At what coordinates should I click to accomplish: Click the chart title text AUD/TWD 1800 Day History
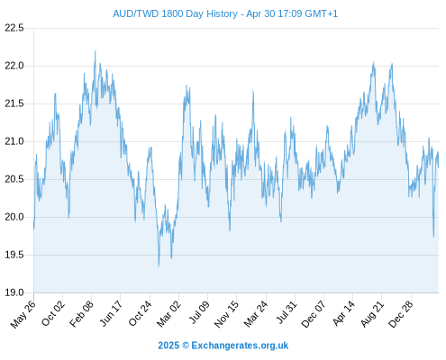(x=175, y=13)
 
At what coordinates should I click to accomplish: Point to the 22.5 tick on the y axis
(x=14, y=28)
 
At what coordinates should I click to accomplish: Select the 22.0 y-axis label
(x=14, y=66)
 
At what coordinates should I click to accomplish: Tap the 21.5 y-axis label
(x=14, y=103)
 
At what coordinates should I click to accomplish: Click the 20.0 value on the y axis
(x=14, y=217)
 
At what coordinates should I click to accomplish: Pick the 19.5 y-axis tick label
(x=14, y=255)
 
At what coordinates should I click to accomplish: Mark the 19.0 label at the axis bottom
(x=14, y=292)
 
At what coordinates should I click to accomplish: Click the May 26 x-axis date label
(x=23, y=314)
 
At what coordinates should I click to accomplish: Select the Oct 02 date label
(x=53, y=313)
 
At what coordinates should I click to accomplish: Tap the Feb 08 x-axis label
(x=82, y=313)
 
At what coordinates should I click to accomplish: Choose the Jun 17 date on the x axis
(x=111, y=313)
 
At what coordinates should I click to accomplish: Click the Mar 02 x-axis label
(x=169, y=313)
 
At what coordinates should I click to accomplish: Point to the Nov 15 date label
(x=227, y=313)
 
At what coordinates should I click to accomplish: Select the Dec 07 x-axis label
(x=314, y=314)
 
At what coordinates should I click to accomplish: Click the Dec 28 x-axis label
(x=401, y=313)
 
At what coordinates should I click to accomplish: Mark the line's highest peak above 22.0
(x=96, y=51)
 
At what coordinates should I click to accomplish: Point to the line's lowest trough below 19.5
(x=159, y=266)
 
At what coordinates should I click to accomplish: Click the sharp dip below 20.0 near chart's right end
(x=433, y=236)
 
